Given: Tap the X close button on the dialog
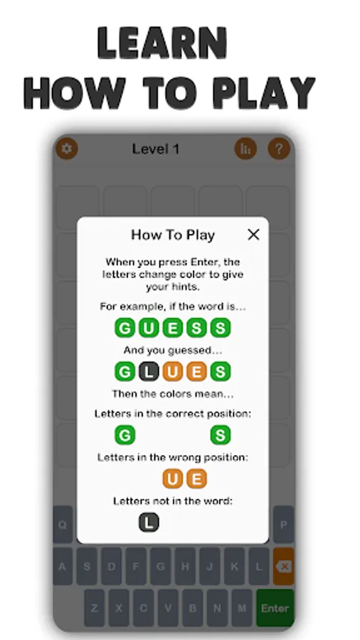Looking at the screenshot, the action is coord(253,234).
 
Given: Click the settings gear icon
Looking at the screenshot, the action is coord(67,149).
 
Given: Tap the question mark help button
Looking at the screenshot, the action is coord(279,149).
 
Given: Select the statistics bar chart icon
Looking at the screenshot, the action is coord(245,149).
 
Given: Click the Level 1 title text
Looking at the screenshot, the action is coord(156,149).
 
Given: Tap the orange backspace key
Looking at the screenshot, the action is coord(284,566).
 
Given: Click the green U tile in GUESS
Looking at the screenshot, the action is coord(149,328).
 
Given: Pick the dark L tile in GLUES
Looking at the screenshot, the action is coord(149,371).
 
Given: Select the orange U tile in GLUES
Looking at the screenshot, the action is coord(173,371).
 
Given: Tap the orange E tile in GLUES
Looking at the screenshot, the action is coord(196,371).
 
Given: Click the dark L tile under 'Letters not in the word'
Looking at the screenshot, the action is coord(149,522).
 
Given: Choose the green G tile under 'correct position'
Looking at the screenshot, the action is coord(125,435).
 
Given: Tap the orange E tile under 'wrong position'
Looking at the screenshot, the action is coord(196,479).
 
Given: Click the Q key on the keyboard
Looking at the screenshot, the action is coord(63,525).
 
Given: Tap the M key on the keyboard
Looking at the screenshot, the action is coord(242,608).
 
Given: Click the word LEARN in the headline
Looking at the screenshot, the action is coord(162,43).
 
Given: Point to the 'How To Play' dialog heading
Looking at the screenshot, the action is coord(173,235).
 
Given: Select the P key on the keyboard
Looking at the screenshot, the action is coord(283,525).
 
